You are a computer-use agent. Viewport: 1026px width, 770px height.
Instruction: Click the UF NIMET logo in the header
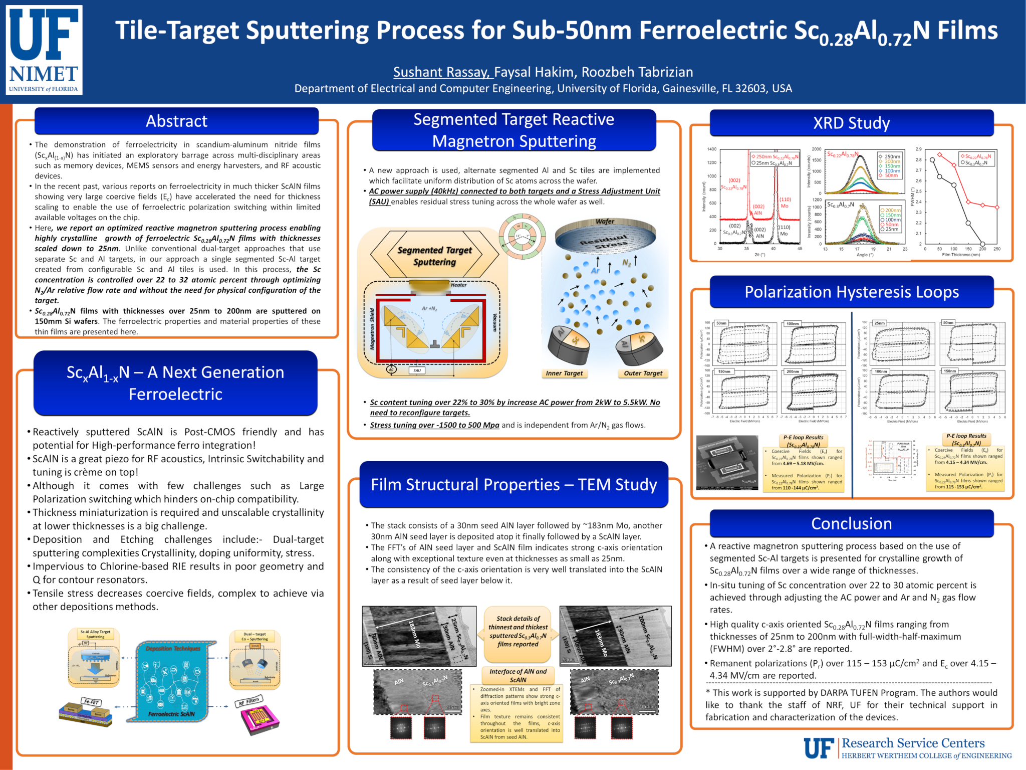coord(45,50)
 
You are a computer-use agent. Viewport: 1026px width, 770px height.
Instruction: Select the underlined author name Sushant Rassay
coord(441,72)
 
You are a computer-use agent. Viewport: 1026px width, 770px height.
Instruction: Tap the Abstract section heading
coord(176,121)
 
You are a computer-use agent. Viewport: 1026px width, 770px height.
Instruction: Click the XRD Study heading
coord(851,123)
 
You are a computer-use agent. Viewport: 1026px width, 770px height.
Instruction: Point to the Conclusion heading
coord(851,523)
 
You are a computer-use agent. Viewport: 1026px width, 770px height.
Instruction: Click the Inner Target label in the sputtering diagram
coord(564,373)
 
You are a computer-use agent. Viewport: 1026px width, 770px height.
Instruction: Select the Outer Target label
coord(643,373)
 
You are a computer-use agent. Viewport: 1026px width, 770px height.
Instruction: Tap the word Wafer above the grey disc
coord(605,221)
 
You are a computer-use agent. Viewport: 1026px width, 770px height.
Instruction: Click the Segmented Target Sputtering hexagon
coord(434,256)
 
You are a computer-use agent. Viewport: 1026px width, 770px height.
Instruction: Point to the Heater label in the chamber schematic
coord(458,285)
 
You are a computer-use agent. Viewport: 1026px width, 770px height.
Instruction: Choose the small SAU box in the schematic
coord(417,370)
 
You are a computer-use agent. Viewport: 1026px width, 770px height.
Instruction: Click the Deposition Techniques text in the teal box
coord(173,648)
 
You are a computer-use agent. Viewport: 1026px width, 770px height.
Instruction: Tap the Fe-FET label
coord(91,702)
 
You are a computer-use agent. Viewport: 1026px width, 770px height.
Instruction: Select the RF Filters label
coord(249,701)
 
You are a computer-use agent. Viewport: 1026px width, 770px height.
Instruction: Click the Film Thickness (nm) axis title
coord(960,255)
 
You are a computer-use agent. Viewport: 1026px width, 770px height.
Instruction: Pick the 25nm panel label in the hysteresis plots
coord(879,323)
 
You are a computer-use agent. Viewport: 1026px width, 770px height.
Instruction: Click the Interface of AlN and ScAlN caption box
coord(518,675)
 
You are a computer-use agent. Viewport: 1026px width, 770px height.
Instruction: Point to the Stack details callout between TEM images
coord(518,632)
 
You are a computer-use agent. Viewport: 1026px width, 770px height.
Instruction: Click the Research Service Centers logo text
coord(913,743)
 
